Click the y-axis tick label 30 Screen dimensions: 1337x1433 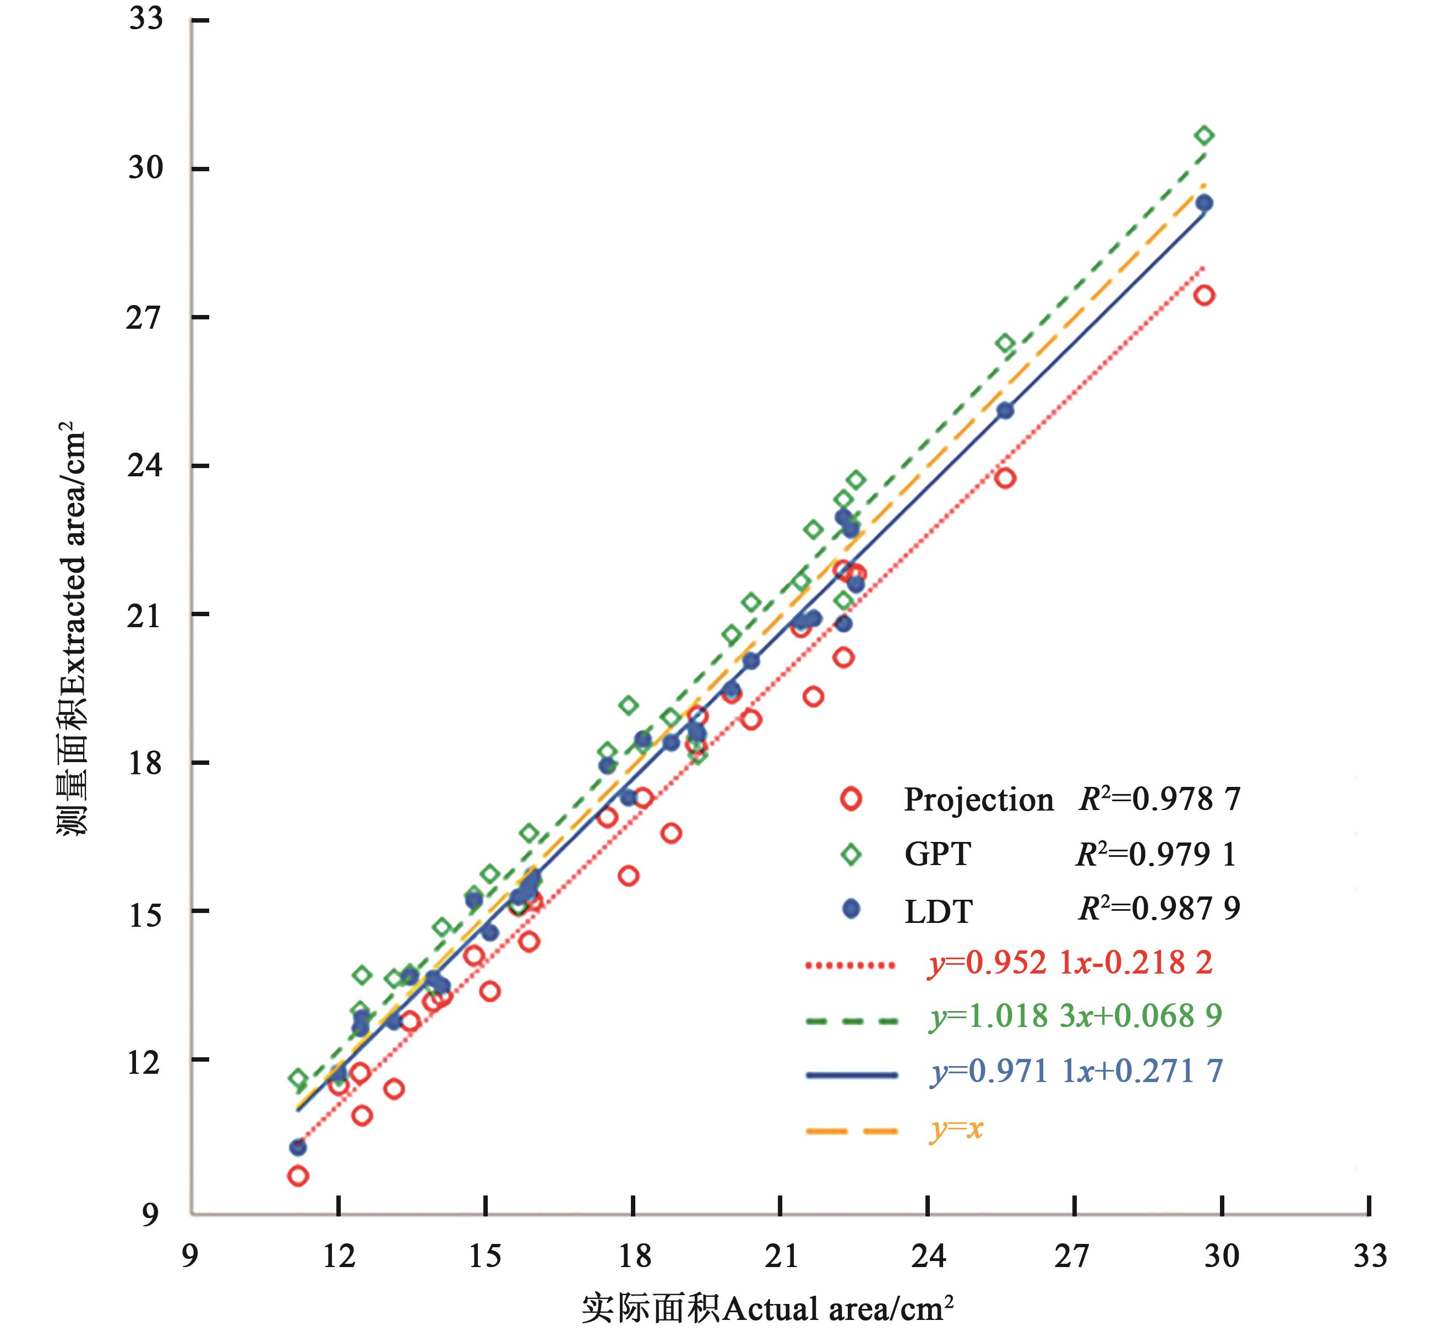(x=145, y=168)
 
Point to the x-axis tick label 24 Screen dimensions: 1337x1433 (x=928, y=1256)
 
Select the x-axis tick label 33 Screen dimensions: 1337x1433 (x=1370, y=1256)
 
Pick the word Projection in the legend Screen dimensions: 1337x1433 (x=978, y=800)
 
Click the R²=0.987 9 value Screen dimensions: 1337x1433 (x=1158, y=908)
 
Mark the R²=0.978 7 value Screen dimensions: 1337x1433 (x=1159, y=798)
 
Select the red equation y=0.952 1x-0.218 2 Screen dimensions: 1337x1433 (x=1070, y=963)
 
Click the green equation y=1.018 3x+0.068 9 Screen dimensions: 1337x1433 (x=1076, y=1016)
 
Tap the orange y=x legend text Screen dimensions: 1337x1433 (x=956, y=1128)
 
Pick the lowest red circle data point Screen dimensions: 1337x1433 (x=298, y=1176)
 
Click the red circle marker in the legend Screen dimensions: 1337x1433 (x=851, y=799)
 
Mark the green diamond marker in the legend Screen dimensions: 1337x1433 (x=851, y=855)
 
